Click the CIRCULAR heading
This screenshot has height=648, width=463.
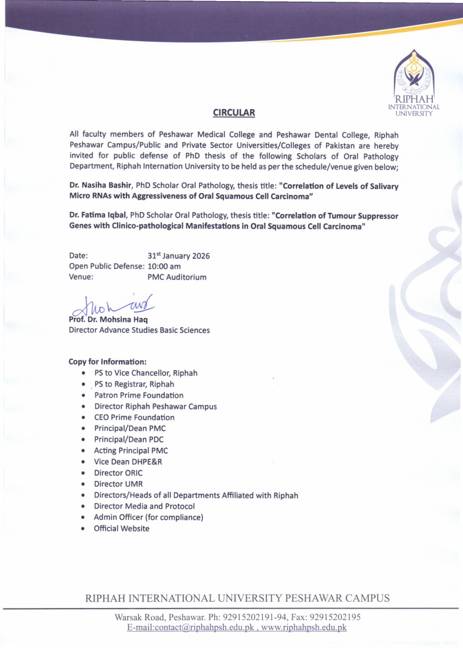pyautogui.click(x=234, y=111)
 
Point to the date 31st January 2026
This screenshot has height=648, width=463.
pyautogui.click(x=179, y=256)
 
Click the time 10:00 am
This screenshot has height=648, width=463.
pyautogui.click(x=169, y=266)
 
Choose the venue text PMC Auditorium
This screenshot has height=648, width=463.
pyautogui.click(x=177, y=277)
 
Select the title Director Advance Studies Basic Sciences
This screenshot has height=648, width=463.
pyautogui.click(x=139, y=330)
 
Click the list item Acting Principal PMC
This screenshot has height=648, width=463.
pyautogui.click(x=131, y=451)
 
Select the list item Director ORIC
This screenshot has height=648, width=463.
pyautogui.click(x=118, y=473)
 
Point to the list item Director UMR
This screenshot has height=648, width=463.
pyautogui.click(x=118, y=484)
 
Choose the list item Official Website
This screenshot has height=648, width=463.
pyautogui.click(x=121, y=528)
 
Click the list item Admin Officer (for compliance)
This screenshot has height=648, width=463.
pyautogui.click(x=149, y=517)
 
